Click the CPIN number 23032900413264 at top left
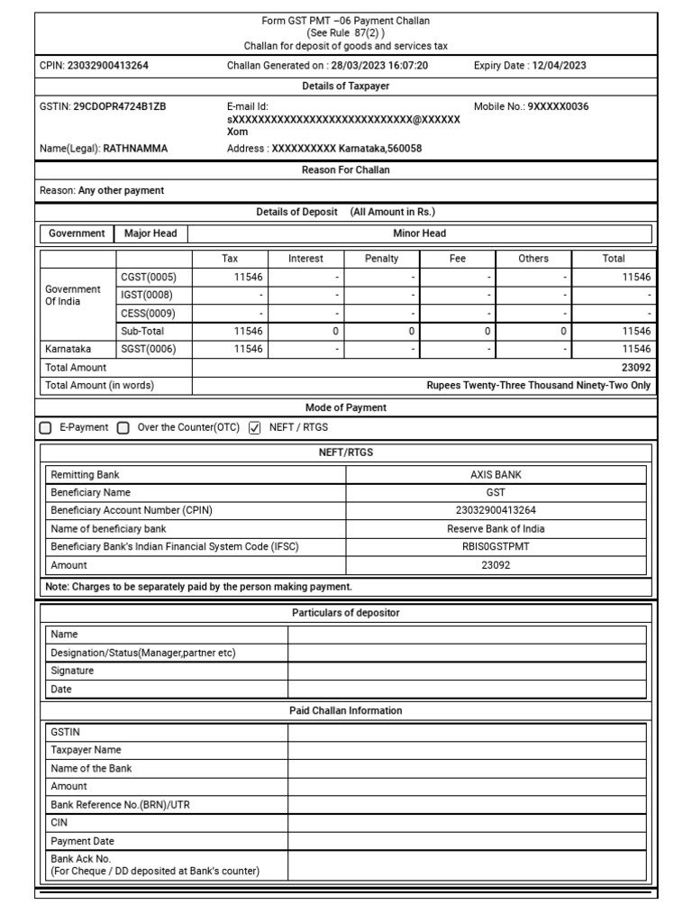pos(108,65)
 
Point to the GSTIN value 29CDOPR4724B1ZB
pos(120,106)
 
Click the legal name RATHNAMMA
pos(135,149)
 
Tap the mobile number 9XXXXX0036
pos(558,106)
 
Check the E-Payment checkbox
pos(47,428)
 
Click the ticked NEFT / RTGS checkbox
pos(254,428)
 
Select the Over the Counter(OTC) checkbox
pos(123,428)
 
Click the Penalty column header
pos(381,259)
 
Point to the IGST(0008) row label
pos(147,296)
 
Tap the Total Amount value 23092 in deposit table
pos(635,368)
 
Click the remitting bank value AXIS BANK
pos(496,474)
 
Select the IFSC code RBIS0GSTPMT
pos(496,547)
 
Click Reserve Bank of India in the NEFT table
pos(496,529)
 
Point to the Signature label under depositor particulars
pos(72,671)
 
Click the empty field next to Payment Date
pos(467,841)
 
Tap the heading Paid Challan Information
pos(345,711)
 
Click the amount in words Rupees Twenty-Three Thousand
pos(539,386)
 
